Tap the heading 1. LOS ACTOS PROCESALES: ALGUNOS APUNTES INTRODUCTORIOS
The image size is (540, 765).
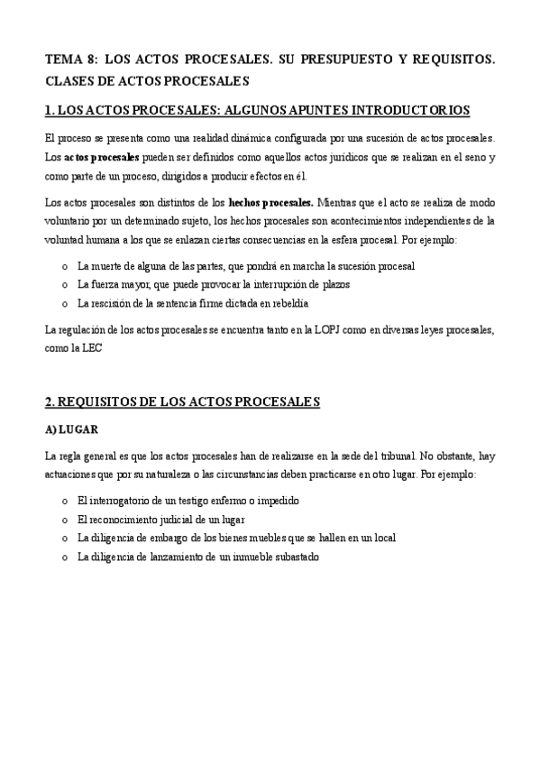(257, 111)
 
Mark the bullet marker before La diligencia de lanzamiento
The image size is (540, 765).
(64, 558)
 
